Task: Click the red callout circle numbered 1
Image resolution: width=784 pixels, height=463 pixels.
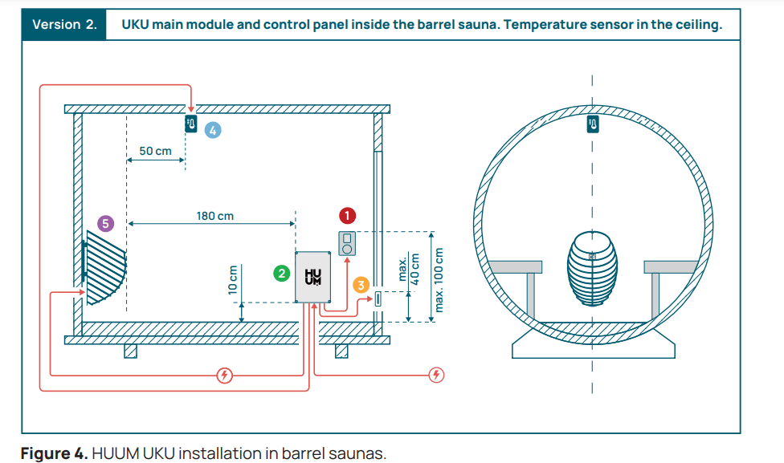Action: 347,215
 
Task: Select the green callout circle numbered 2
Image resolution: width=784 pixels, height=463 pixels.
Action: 281,274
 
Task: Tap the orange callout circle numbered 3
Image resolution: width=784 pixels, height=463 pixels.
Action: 361,285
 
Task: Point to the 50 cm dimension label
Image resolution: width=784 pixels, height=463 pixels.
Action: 155,151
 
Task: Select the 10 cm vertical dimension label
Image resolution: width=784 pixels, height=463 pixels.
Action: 233,280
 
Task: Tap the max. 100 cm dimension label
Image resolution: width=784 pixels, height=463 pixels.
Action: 439,278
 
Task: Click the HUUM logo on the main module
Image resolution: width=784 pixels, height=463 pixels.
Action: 312,277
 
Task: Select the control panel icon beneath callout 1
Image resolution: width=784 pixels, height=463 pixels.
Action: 348,243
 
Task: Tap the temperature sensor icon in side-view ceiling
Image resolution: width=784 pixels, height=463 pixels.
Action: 191,124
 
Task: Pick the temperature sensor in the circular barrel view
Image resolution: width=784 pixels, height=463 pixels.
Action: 592,124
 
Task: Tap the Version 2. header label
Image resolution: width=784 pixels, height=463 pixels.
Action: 64,24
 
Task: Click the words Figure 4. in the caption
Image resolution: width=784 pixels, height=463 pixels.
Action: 54,453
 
